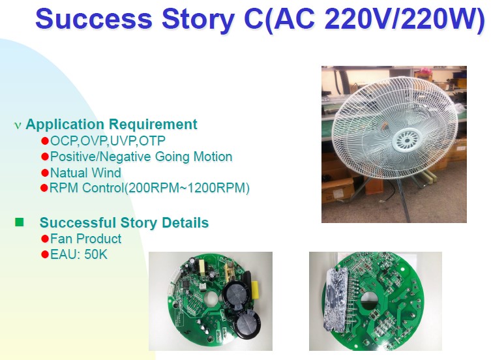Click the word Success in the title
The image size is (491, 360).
[x=94, y=18]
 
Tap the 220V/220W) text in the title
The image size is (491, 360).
[x=404, y=19]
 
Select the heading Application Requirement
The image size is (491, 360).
[x=111, y=124]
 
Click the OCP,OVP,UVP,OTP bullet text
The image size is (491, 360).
[x=108, y=141]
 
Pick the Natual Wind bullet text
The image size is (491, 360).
[x=85, y=173]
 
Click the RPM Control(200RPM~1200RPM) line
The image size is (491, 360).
[x=149, y=188]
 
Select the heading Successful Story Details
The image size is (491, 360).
[x=124, y=222]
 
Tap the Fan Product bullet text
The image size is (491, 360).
[x=85, y=239]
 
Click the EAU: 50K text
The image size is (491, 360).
[x=79, y=254]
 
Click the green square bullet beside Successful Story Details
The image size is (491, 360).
[x=19, y=222]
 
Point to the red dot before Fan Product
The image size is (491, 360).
[x=45, y=239]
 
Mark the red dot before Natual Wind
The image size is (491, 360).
[x=45, y=173]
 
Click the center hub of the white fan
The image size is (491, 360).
[x=407, y=140]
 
